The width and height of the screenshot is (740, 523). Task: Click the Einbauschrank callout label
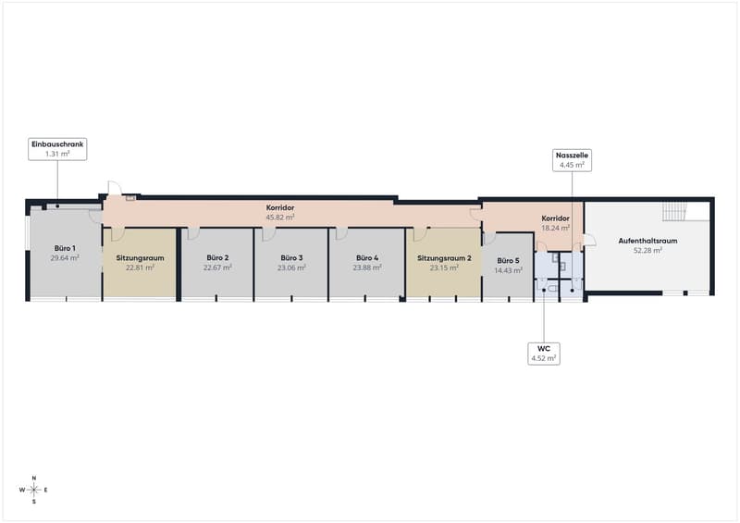(x=57, y=149)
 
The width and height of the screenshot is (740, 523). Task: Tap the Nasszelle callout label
(x=572, y=160)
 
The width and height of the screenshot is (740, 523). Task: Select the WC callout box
(x=544, y=354)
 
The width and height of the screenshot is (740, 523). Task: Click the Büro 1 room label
(x=65, y=248)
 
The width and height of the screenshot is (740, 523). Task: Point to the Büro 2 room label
(x=217, y=257)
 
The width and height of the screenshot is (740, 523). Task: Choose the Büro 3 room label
(x=291, y=257)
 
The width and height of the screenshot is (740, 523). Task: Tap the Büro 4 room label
(x=367, y=257)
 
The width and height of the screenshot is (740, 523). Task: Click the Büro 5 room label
(x=508, y=260)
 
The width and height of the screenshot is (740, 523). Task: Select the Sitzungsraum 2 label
(x=444, y=258)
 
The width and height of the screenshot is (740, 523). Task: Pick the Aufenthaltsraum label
(x=647, y=241)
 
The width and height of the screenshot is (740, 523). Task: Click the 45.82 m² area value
(x=280, y=217)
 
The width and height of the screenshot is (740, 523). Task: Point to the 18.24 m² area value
(x=556, y=228)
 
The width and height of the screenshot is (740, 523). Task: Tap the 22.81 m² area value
(x=141, y=268)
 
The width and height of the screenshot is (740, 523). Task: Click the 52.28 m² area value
(x=647, y=250)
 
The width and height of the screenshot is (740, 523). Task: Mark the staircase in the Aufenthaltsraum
(x=674, y=211)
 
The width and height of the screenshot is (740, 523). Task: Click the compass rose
(x=34, y=490)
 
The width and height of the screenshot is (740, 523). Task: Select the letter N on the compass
(x=34, y=479)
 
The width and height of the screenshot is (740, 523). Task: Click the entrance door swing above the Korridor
(x=115, y=188)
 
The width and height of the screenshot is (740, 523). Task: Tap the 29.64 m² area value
(x=65, y=258)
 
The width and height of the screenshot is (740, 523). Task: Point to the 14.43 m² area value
(x=508, y=270)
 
